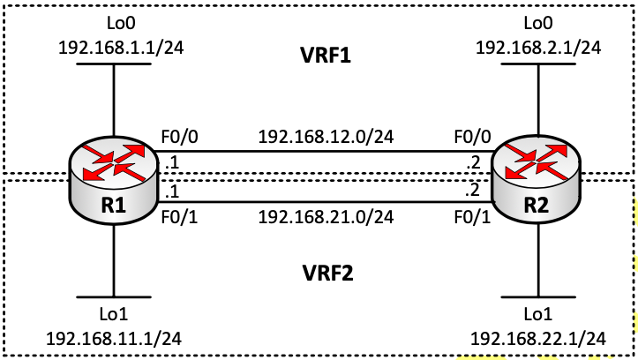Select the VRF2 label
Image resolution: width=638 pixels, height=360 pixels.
pos(325,274)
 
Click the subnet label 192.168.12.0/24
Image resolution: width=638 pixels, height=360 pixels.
pos(325,137)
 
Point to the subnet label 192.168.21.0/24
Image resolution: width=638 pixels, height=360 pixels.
pos(325,214)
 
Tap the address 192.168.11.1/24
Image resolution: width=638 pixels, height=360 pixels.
pos(114,338)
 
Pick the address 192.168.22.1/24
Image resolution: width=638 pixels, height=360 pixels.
pos(538,338)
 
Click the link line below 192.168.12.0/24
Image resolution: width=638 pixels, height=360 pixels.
pos(325,151)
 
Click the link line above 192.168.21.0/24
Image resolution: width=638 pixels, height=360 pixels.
pos(325,201)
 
